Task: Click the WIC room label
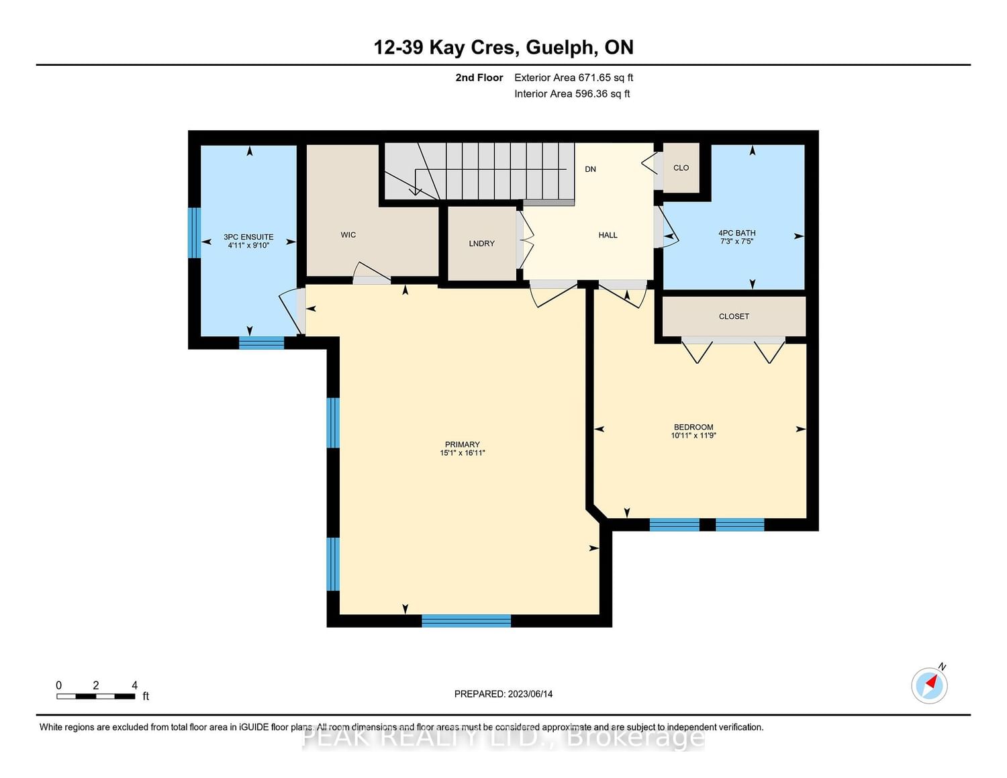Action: (348, 235)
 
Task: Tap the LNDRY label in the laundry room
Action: (481, 243)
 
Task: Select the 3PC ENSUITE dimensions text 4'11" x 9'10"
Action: (248, 245)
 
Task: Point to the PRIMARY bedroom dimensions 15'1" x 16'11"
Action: (462, 452)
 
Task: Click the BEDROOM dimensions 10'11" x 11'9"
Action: (693, 435)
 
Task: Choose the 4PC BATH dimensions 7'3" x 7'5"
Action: (737, 241)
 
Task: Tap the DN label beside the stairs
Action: (590, 169)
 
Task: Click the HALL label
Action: (608, 235)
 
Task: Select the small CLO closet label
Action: (681, 168)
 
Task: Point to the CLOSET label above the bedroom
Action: (734, 316)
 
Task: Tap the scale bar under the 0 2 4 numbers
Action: (96, 697)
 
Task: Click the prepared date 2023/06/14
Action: (530, 693)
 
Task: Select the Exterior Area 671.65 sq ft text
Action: (574, 77)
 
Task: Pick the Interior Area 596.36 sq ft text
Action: (572, 93)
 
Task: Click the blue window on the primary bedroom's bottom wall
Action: (466, 620)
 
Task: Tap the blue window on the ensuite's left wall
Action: (194, 233)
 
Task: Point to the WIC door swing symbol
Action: (372, 273)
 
